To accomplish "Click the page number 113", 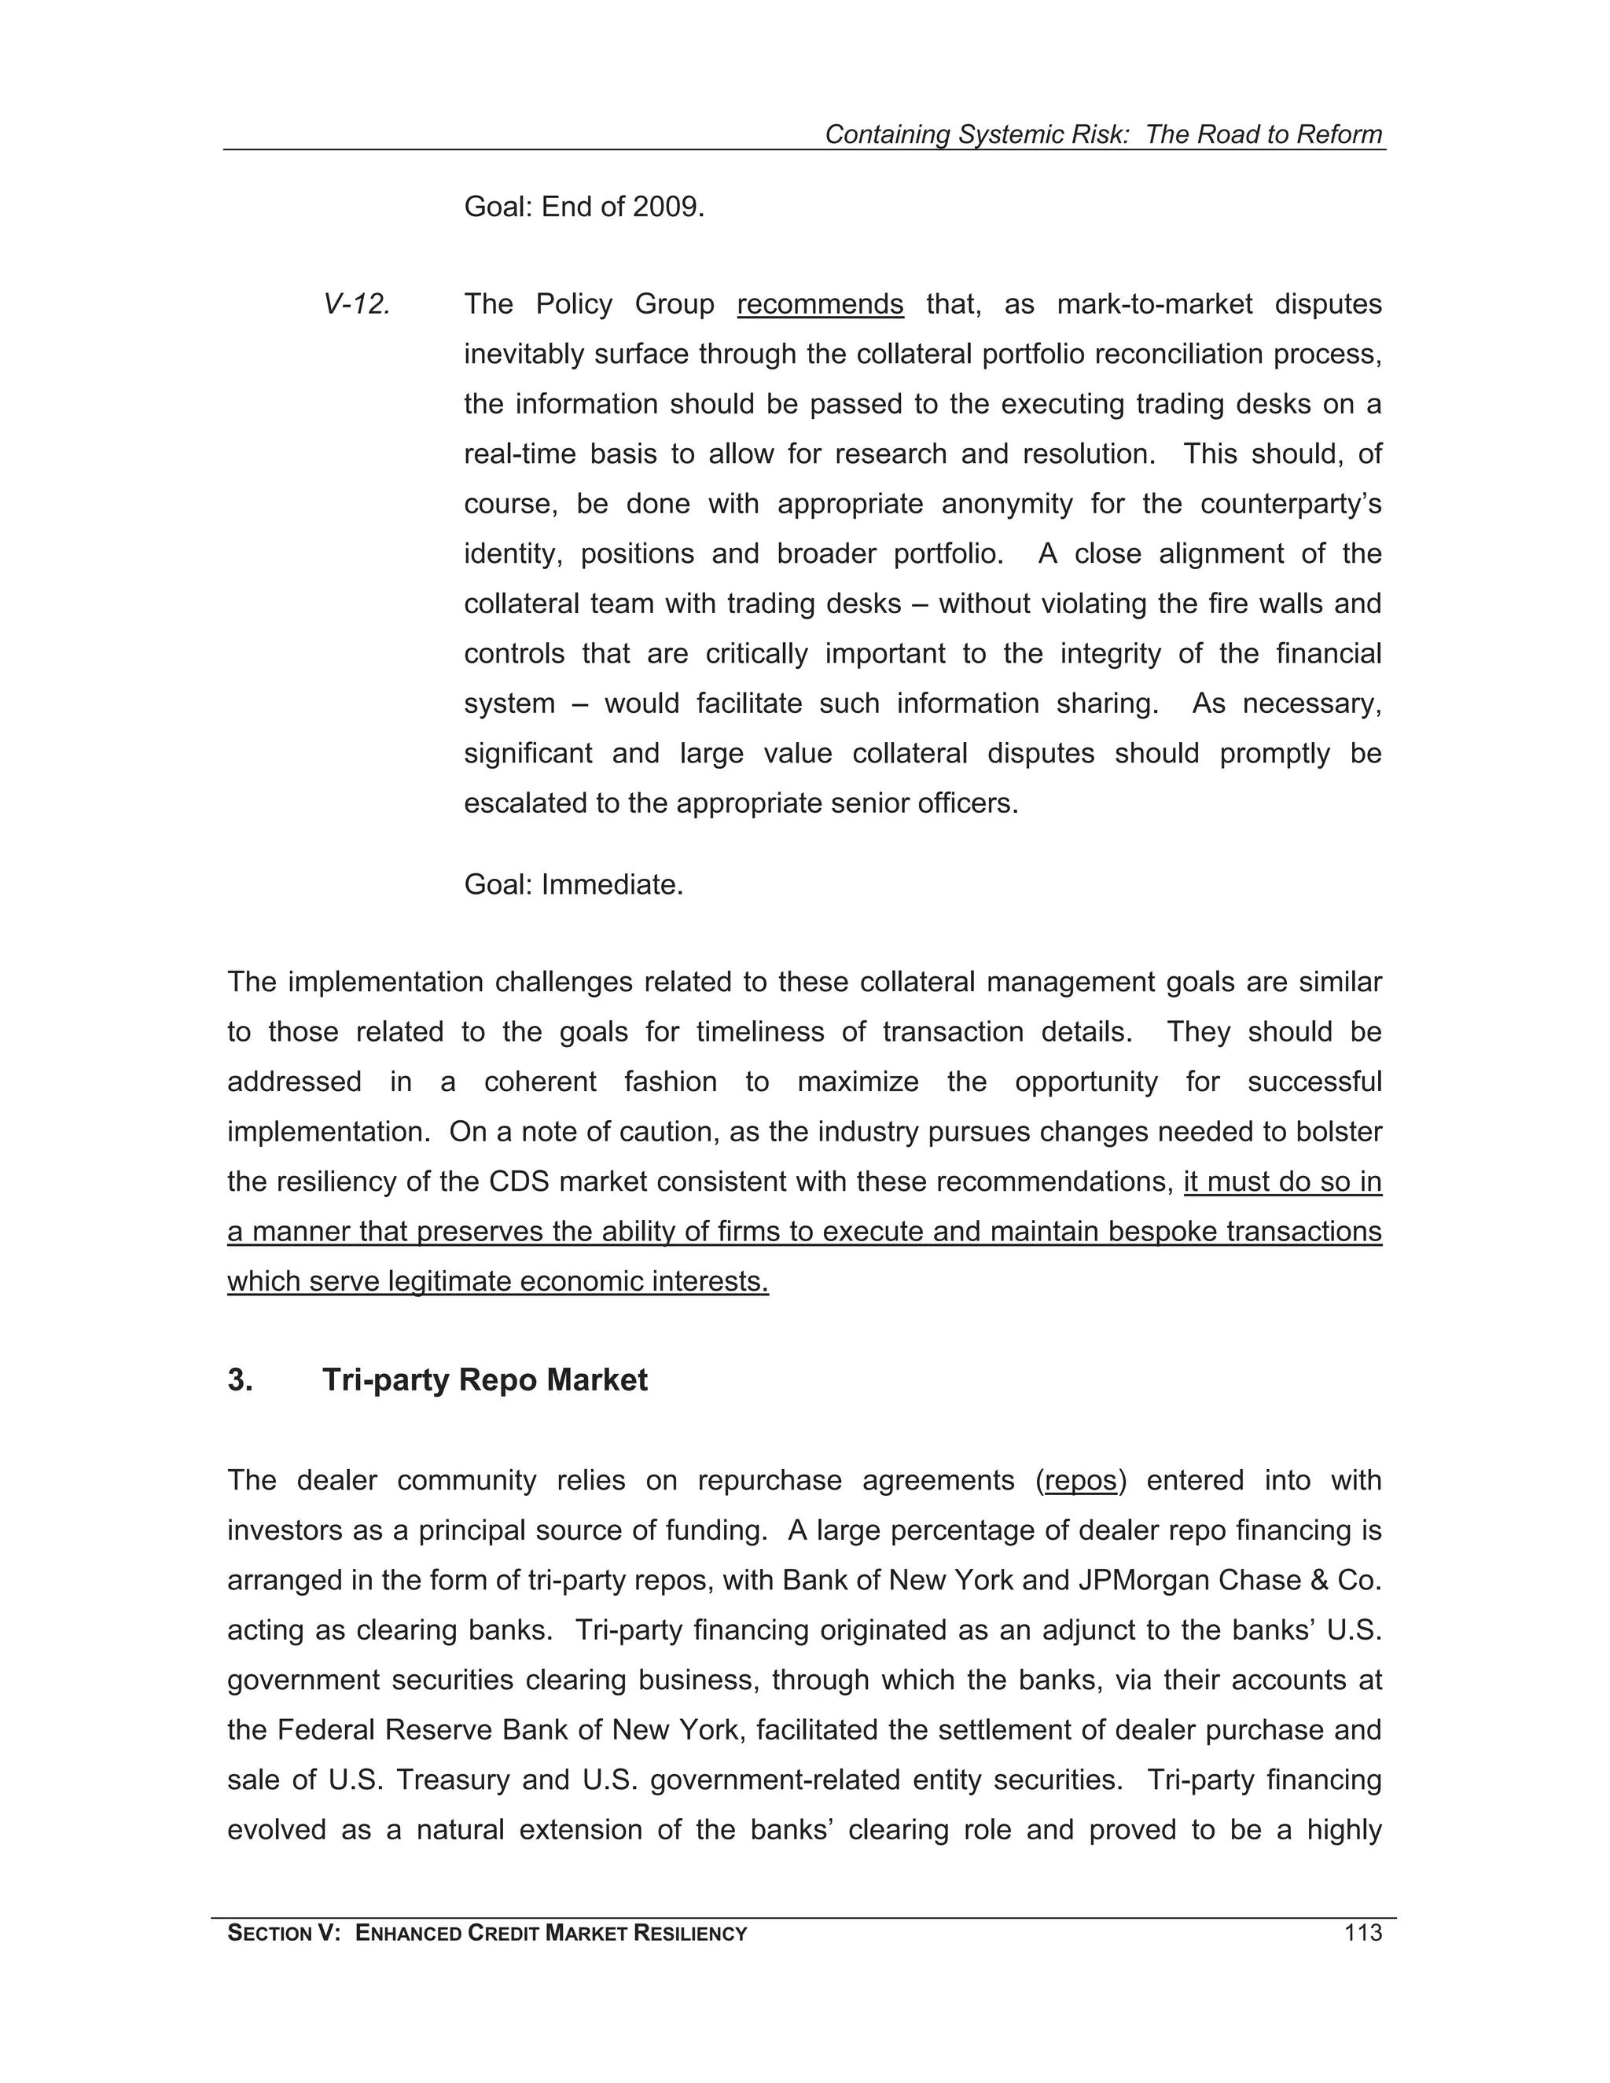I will coord(1362,1934).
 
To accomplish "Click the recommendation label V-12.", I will coord(357,304).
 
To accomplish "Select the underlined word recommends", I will coord(819,304).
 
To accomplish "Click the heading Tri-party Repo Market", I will coord(484,1380).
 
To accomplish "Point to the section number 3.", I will coord(240,1380).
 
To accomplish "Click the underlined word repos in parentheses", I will coord(1081,1480).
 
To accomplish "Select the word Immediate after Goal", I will coord(612,885).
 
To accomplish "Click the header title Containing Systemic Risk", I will coord(975,134).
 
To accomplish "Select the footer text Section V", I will coord(283,1934).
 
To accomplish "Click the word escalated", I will coord(526,803).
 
